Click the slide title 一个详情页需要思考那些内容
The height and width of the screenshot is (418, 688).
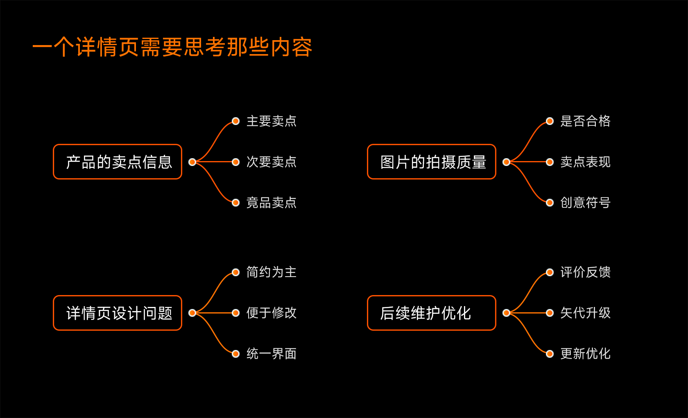[x=172, y=47]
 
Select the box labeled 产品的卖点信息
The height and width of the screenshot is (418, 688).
[x=118, y=162]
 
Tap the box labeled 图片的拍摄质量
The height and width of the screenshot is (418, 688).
[x=432, y=162]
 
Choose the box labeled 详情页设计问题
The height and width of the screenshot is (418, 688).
[x=118, y=313]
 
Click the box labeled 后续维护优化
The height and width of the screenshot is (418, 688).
[x=432, y=313]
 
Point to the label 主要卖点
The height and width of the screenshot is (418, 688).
[x=271, y=121]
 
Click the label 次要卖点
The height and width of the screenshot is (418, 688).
[x=271, y=162]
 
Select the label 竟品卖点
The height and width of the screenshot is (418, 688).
[x=271, y=202]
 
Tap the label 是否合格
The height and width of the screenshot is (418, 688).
[x=585, y=121]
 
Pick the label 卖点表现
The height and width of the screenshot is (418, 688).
[x=585, y=162]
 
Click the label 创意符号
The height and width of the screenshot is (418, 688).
[x=585, y=202]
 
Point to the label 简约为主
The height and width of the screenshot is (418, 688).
[x=271, y=272]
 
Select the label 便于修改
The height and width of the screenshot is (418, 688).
[x=271, y=313]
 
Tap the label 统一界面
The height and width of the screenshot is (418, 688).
[x=271, y=354]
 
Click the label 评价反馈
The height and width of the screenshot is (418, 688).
[x=585, y=272]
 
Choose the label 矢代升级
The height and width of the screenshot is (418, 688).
[x=585, y=313]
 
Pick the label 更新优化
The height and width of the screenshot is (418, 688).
[x=585, y=354]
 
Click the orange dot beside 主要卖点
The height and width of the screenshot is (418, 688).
[x=235, y=121]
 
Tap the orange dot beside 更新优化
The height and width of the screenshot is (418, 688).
[x=550, y=354]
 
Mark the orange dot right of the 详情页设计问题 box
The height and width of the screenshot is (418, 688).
[x=192, y=313]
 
